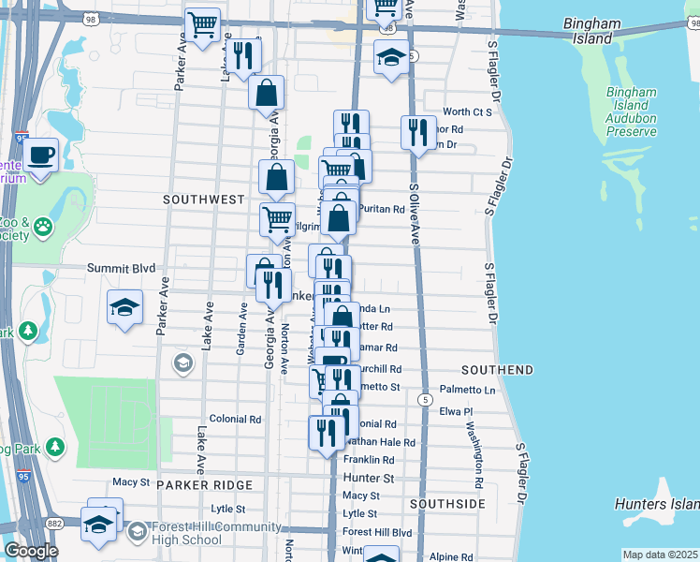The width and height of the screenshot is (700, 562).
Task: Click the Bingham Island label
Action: click(x=600, y=31)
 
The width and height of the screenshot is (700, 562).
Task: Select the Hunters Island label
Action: click(x=656, y=504)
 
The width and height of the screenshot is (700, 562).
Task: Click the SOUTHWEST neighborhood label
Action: click(x=203, y=200)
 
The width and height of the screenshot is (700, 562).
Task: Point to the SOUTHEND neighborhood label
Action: click(x=497, y=370)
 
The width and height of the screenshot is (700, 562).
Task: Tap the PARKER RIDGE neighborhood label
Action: click(x=205, y=484)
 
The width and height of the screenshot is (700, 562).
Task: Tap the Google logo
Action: click(x=31, y=551)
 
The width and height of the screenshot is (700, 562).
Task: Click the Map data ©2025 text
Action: click(x=660, y=555)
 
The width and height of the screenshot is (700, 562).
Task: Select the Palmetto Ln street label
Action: click(x=468, y=389)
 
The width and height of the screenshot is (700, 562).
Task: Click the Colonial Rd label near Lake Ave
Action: click(x=235, y=420)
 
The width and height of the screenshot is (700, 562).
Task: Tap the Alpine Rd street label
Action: click(x=452, y=556)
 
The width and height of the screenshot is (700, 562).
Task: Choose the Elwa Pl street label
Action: click(x=459, y=410)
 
